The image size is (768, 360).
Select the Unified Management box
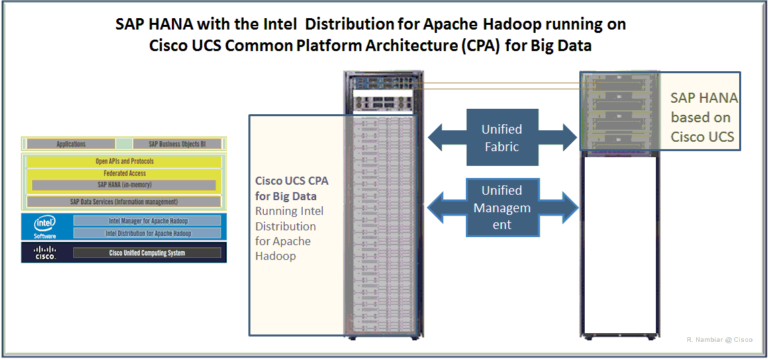tap(501, 208)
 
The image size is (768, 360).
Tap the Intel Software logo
tap(45, 226)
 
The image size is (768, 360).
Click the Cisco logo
tap(45, 253)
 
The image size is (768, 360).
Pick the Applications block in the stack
tap(71, 144)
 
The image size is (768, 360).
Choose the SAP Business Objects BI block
tap(177, 144)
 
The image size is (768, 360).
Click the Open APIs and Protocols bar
tap(124, 162)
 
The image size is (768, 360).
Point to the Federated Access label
tap(124, 173)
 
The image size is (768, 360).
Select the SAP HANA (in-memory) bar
tap(124, 185)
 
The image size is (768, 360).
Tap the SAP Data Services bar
tap(124, 201)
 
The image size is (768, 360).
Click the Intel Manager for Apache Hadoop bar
tap(148, 220)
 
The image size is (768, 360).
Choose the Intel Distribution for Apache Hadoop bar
tap(148, 233)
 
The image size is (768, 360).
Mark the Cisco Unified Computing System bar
tap(147, 253)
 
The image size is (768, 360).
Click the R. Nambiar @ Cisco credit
tap(719, 340)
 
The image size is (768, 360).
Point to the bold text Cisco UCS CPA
tap(291, 181)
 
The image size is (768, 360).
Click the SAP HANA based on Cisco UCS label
tap(704, 118)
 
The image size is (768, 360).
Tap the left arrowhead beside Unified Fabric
tap(438, 137)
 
